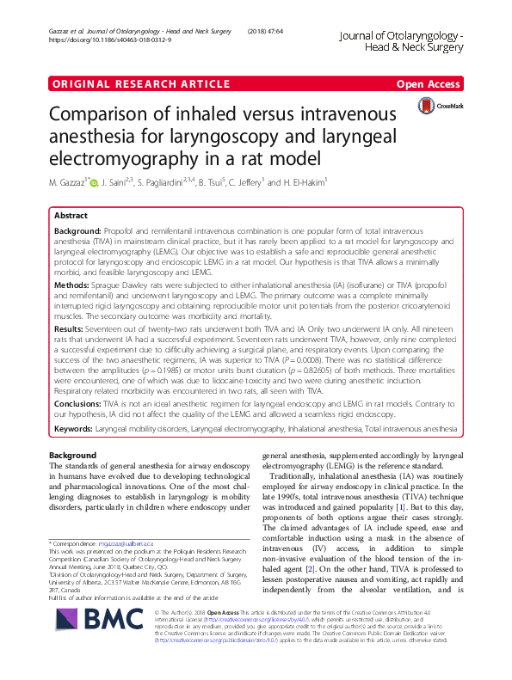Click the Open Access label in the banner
coord(429,83)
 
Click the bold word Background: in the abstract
coord(77,233)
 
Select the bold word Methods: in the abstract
coord(72,283)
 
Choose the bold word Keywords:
coord(77,452)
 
